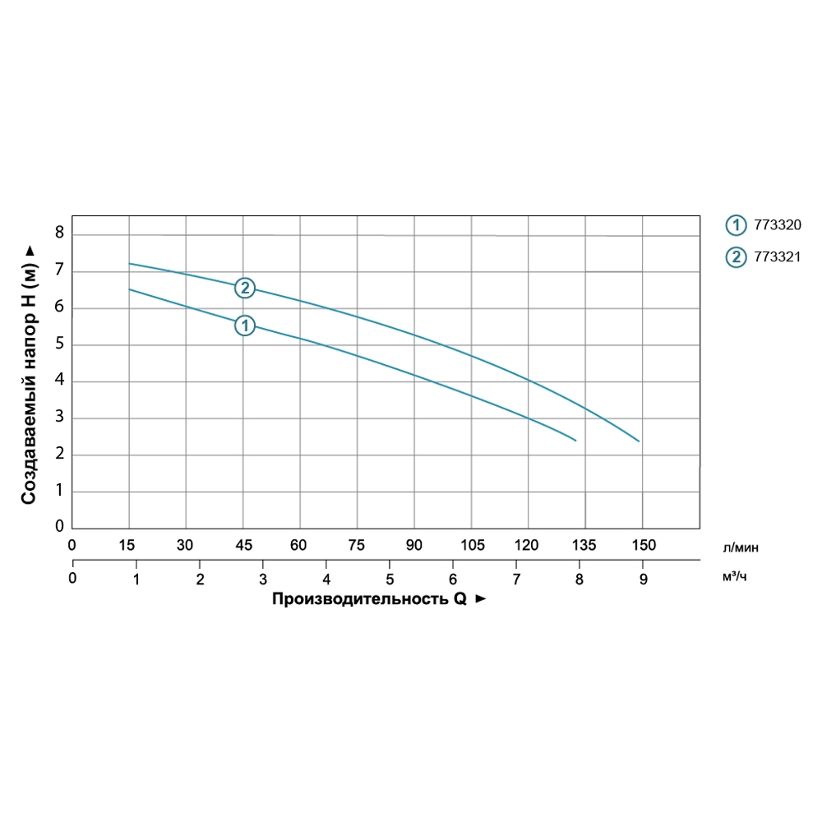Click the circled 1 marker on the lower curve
coord(244,326)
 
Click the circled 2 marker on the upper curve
coord(244,288)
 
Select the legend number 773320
coord(777,224)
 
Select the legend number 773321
coord(777,257)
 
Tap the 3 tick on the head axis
coord(58,418)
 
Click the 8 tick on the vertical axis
coord(58,234)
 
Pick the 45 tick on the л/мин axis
coord(242,544)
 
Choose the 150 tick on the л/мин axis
coord(643,544)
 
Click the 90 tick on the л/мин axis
coord(414,544)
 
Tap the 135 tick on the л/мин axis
coord(584,544)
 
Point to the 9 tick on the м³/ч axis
coord(643,579)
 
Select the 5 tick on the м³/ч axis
coord(390,579)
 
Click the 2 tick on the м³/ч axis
coord(200,579)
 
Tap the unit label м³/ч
coord(734,577)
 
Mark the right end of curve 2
coord(639,441)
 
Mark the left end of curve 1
coord(130,289)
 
